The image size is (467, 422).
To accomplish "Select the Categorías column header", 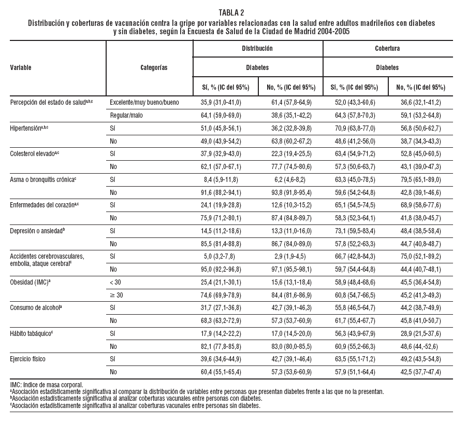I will (154, 67).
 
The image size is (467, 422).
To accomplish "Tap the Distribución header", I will (257, 48).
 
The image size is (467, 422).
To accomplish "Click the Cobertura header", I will (387, 48).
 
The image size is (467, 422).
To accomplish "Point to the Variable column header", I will (21, 67).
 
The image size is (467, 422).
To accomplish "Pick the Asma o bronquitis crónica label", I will (43, 180).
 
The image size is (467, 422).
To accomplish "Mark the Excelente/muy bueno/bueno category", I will (144, 103).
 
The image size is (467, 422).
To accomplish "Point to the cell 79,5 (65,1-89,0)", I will (419, 180).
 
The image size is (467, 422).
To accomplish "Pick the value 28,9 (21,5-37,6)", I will (419, 333).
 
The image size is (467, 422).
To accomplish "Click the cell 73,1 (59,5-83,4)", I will (355, 230).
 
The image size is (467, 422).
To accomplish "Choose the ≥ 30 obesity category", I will (118, 294).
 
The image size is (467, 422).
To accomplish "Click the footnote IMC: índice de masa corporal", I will (47, 385).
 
